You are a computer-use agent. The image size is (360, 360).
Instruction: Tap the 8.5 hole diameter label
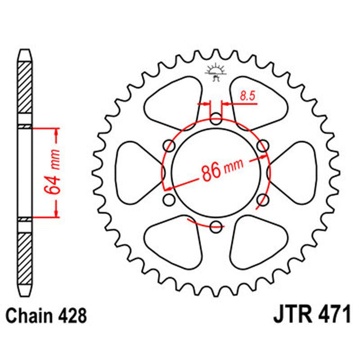point(247,96)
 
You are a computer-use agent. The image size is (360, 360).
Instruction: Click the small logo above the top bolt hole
point(215,74)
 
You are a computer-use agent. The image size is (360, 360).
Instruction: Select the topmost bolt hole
point(216,119)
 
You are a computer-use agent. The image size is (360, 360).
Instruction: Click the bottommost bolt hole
point(216,227)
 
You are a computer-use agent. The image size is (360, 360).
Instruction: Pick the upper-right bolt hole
point(263,146)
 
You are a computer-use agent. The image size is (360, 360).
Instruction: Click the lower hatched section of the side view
point(26,255)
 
